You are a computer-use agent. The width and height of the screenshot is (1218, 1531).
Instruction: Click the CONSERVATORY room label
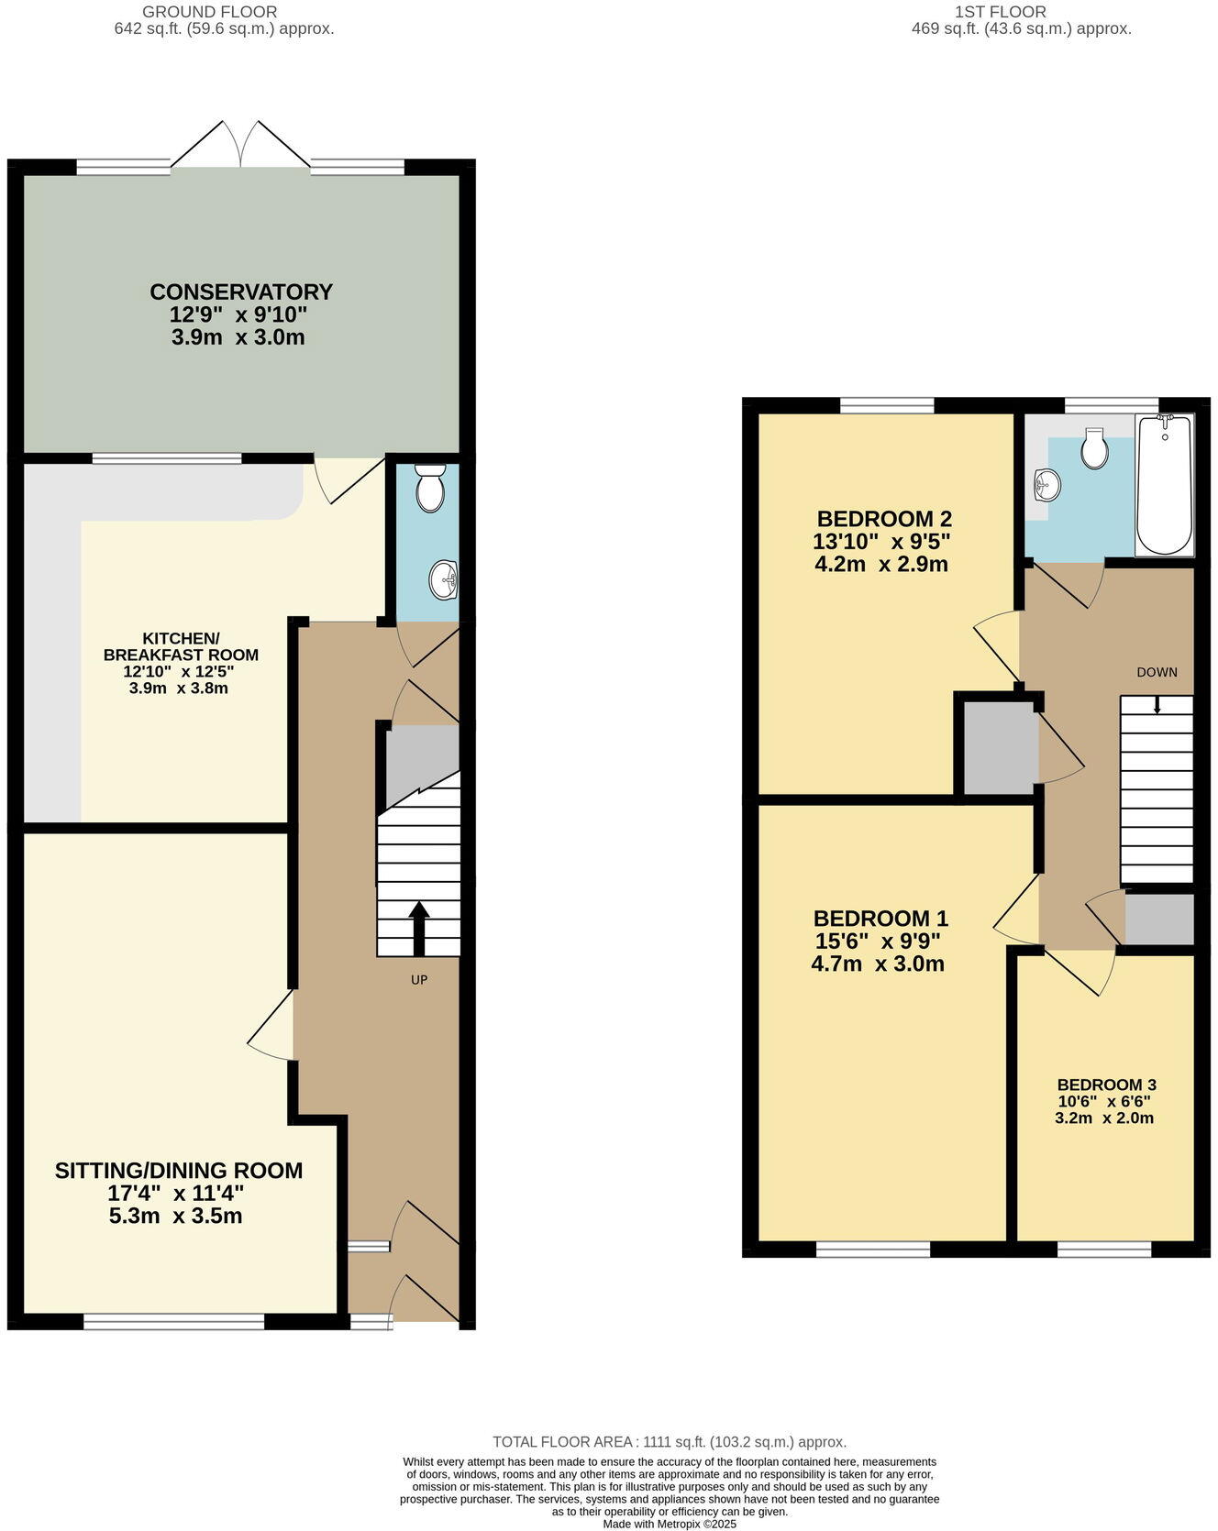241,292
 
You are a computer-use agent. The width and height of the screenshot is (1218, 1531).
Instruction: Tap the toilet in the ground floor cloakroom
429,488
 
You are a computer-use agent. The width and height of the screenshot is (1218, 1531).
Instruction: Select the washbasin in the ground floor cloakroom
444,579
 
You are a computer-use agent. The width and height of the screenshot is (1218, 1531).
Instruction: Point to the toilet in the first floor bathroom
1094,448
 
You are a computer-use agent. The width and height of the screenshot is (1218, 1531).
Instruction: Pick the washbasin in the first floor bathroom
1046,483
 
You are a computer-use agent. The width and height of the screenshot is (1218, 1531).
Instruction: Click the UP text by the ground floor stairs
419,979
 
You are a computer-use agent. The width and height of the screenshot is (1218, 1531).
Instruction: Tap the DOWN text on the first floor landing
1157,672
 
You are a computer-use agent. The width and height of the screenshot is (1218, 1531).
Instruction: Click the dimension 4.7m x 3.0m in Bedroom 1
878,964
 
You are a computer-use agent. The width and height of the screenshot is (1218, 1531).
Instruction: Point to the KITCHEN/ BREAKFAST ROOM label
181,646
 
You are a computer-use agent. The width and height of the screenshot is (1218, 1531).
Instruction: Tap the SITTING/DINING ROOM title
179,1171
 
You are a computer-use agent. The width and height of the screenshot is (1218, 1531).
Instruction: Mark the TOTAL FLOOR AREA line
670,1442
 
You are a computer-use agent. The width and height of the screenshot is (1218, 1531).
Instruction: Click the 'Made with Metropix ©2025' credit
670,1524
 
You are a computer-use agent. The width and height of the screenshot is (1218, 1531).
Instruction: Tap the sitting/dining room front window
173,1321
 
